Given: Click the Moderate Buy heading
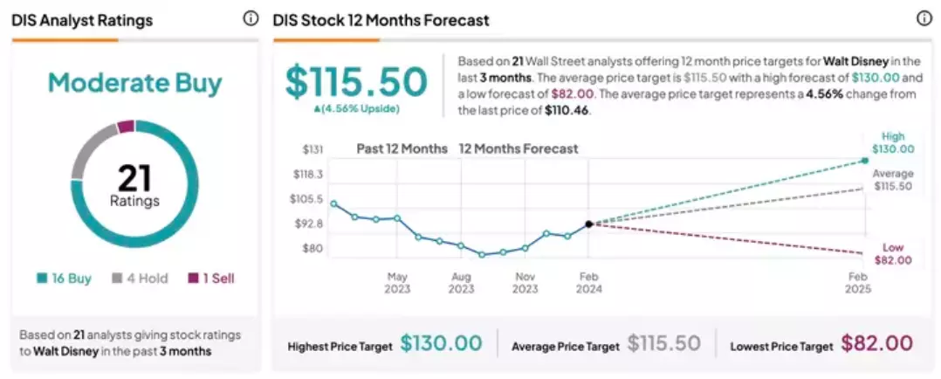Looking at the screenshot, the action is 135,84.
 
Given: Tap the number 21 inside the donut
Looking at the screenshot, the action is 135,178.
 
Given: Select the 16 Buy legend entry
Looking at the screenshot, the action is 64,279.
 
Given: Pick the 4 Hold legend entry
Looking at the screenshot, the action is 140,279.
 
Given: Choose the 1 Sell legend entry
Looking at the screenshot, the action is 210,279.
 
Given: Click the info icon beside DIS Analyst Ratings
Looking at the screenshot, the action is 251,19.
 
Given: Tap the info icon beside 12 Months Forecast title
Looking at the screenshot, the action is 924,19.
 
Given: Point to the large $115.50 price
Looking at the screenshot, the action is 356,82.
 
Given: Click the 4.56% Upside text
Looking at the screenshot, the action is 356,108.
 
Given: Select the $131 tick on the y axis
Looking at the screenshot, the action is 313,149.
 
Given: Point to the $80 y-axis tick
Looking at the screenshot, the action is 313,249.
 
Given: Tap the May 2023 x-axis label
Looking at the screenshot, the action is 397,283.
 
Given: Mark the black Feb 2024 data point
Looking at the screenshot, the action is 588,224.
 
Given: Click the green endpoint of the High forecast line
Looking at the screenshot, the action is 865,161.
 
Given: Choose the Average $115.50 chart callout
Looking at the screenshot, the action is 892,180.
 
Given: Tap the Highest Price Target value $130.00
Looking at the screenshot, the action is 441,343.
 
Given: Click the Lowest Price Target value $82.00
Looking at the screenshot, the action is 876,343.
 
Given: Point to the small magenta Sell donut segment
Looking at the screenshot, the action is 126,127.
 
